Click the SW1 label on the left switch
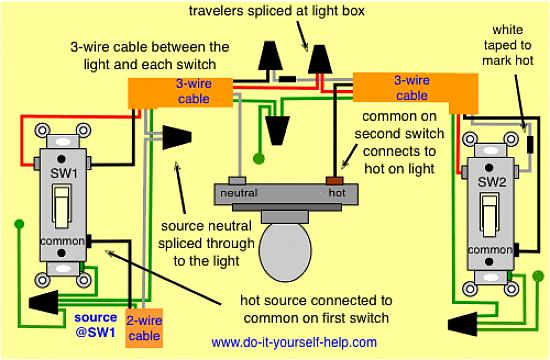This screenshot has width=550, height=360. [x=63, y=173]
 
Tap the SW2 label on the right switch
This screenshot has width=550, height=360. [x=492, y=182]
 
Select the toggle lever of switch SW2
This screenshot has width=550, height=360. [x=490, y=215]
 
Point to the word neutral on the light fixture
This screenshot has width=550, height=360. [x=239, y=193]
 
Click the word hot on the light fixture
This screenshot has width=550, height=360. [x=337, y=193]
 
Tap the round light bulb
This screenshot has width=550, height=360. [x=285, y=251]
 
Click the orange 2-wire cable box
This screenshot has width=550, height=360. [x=144, y=328]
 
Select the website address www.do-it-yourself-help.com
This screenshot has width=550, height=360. [x=294, y=342]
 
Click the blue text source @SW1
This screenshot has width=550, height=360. [x=95, y=325]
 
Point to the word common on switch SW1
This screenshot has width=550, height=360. [x=62, y=241]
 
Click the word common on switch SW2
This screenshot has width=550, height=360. [x=490, y=250]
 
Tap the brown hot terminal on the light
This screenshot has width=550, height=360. [x=335, y=181]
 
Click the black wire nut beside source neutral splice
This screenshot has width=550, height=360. [x=177, y=138]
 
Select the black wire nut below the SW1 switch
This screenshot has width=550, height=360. [x=43, y=302]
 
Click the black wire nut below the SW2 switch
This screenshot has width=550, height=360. [x=463, y=325]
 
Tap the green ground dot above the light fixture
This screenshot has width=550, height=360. [x=259, y=158]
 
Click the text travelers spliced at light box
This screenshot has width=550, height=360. [x=277, y=11]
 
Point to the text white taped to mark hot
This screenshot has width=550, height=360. [x=508, y=45]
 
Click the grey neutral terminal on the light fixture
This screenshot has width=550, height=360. [x=237, y=181]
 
